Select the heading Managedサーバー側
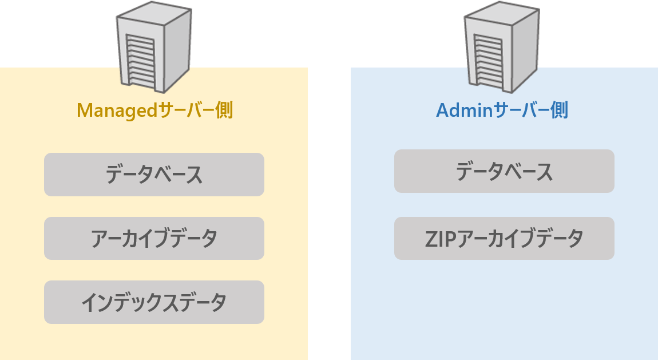154,110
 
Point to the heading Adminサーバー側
502,110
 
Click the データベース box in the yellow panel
154,175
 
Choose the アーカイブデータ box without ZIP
154,238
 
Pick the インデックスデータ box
154,302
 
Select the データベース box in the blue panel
504,171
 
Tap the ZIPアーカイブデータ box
504,238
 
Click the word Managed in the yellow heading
117,110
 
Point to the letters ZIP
438,238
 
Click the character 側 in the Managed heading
224,110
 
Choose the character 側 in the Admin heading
559,110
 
